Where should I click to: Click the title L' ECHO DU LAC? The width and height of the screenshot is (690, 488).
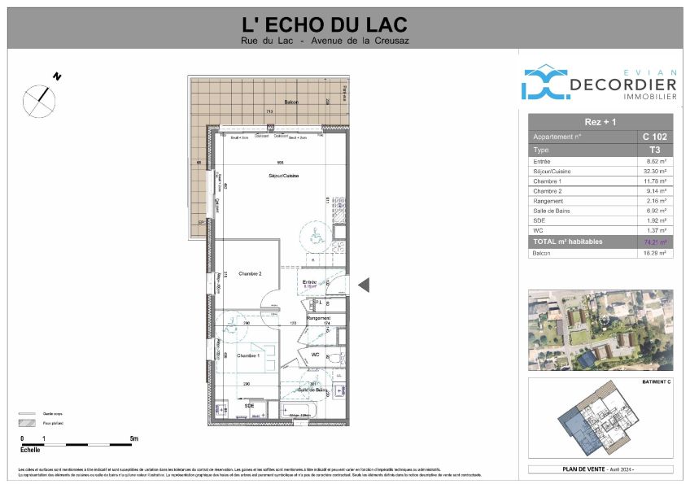point(325,25)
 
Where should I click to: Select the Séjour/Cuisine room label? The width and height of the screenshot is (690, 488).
point(281,176)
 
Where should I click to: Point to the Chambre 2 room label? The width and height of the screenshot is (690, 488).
point(250,274)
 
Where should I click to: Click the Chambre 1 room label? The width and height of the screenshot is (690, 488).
point(248,356)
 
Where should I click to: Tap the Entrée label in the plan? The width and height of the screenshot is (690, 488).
point(309,281)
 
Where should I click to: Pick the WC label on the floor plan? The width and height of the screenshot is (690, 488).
point(314,355)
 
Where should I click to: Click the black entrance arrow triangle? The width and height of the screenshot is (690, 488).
point(365,284)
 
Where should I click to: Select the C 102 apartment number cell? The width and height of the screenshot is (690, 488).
point(653,137)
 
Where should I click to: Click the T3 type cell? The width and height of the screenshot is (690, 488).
point(653,150)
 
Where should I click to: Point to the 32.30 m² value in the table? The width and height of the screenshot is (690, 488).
point(653,172)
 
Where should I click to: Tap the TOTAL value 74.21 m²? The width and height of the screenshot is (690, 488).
point(653,242)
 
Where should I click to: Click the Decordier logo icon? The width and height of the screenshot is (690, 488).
point(544,83)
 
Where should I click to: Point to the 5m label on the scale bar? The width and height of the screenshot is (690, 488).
point(133,439)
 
